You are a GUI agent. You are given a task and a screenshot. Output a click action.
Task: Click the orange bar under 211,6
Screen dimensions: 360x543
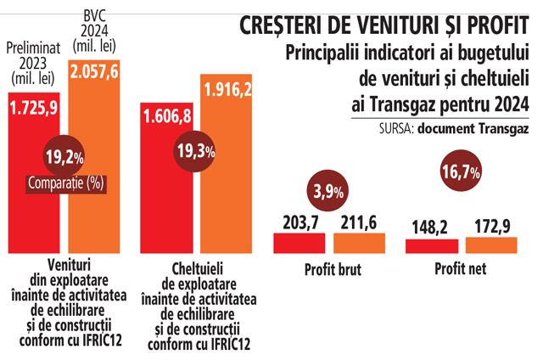coord(360,244)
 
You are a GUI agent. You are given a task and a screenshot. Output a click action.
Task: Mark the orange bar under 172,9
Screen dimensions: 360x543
coord(491,246)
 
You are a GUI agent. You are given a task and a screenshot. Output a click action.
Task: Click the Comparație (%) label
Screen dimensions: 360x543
coord(64,182)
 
